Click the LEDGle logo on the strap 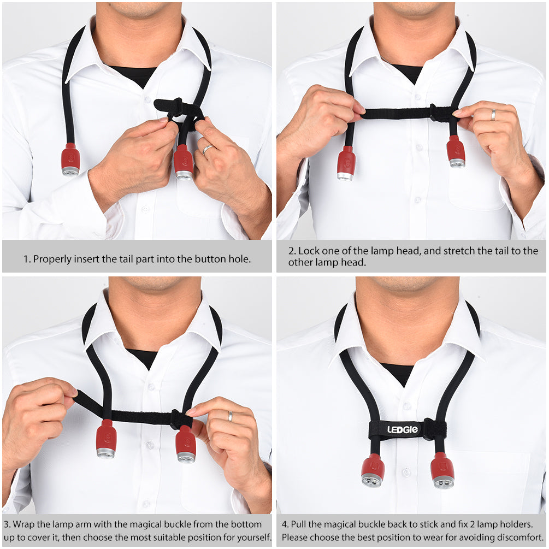(402, 429)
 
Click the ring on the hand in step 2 (493, 115)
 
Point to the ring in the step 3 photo (230, 416)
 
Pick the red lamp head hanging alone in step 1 (70, 160)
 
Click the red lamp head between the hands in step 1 (184, 162)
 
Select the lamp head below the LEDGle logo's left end (373, 470)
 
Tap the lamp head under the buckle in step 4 (443, 470)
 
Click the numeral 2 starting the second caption (291, 251)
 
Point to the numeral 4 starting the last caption (284, 524)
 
